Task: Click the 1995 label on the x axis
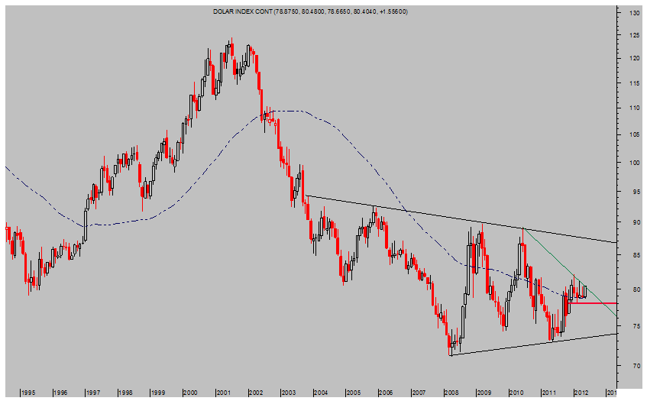[27, 392]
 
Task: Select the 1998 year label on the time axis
[126, 392]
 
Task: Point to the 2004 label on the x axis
[321, 392]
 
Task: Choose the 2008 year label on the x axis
[450, 392]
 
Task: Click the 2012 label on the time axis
[581, 392]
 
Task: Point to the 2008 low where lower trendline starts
[451, 354]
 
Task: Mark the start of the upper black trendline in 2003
[305, 196]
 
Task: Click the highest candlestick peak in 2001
[229, 40]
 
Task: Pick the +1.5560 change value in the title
[391, 11]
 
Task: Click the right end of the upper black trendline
[616, 242]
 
